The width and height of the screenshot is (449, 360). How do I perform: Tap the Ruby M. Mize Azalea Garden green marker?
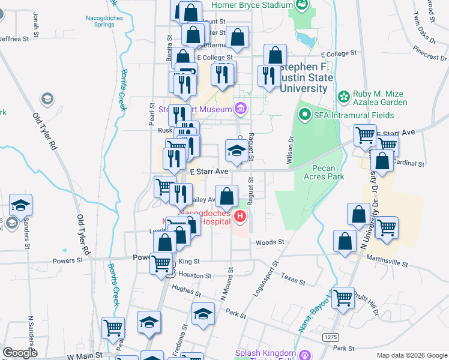tap(344, 96)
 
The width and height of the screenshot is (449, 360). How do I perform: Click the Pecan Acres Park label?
tap(328, 172)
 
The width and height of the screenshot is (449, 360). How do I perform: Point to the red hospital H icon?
tap(240, 216)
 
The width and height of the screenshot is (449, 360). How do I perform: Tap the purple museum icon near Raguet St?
tap(241, 109)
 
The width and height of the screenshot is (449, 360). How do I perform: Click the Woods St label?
tap(270, 242)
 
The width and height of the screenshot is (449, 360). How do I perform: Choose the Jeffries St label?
tap(13, 39)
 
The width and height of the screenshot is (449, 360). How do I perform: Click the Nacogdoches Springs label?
tap(95, 21)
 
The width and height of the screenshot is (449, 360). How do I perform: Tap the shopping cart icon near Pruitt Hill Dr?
tap(343, 298)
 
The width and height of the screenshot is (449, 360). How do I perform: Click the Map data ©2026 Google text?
tap(412, 355)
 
